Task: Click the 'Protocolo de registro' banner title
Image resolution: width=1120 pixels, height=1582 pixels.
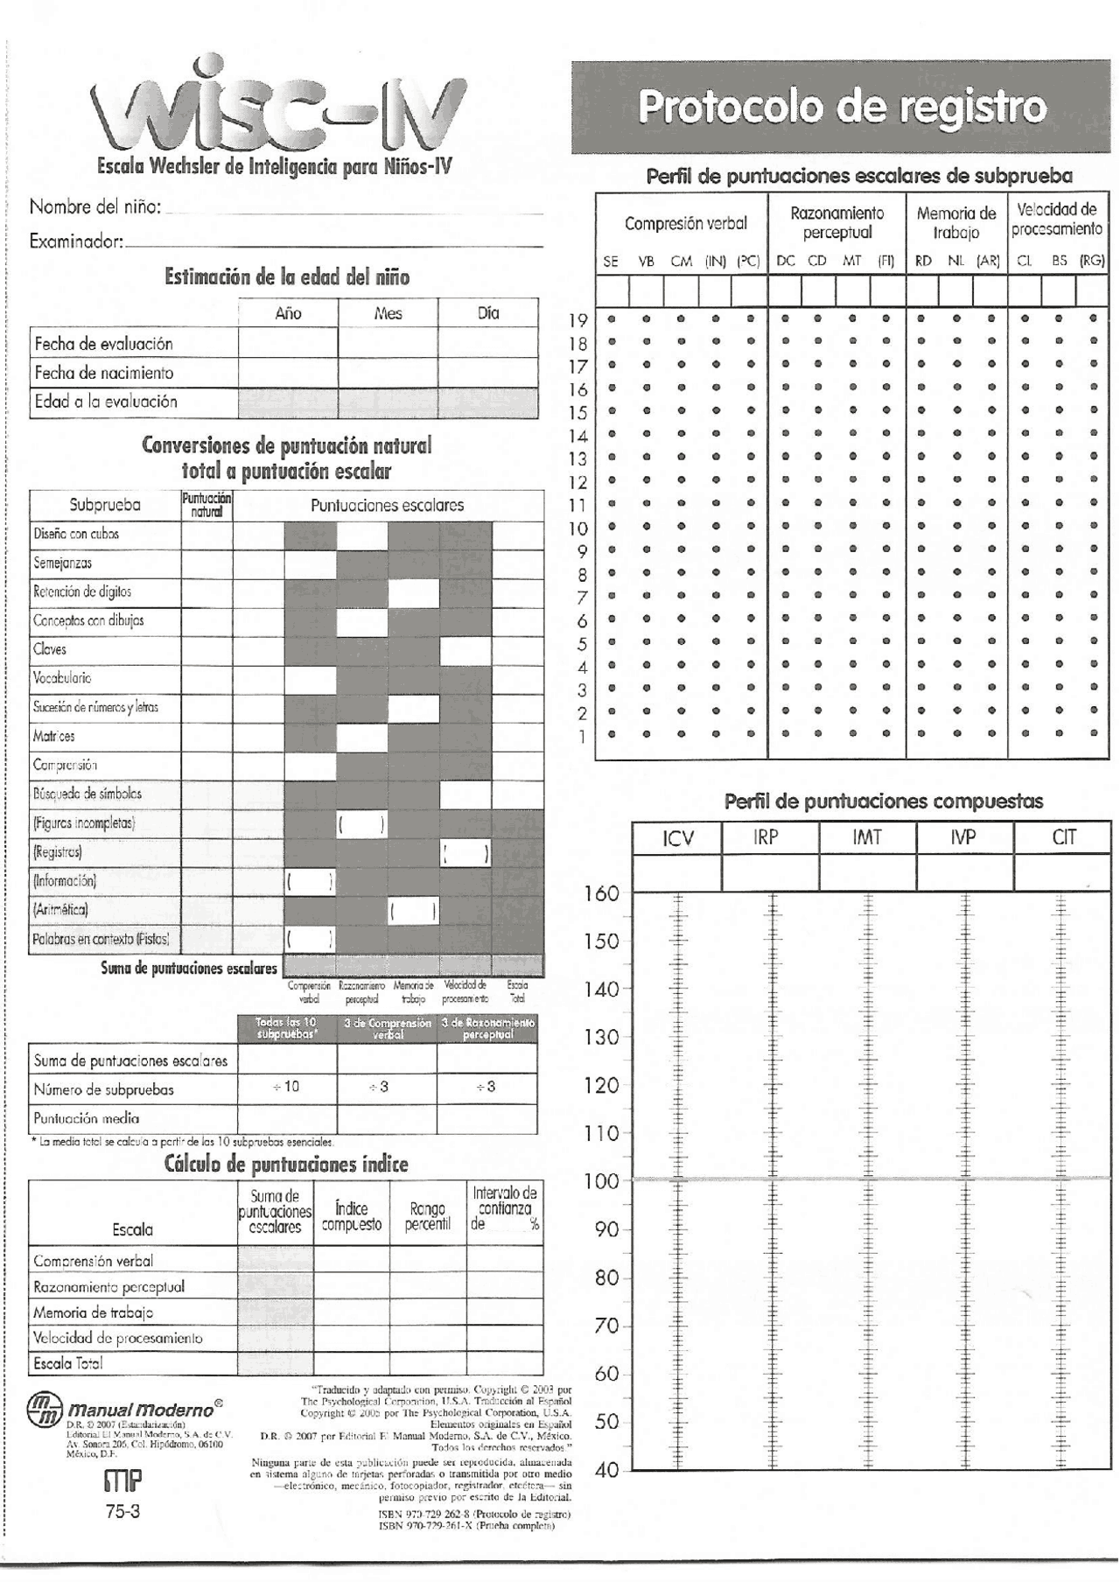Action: [x=842, y=108]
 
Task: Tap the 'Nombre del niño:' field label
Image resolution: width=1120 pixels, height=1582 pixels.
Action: [x=95, y=207]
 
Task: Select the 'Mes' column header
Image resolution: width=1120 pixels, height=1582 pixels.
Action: [x=388, y=313]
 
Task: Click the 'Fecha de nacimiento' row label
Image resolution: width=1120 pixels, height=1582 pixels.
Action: [x=104, y=373]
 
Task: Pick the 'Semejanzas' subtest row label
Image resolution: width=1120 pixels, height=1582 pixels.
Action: [x=63, y=563]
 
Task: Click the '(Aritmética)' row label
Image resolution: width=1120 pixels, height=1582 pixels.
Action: [x=61, y=909]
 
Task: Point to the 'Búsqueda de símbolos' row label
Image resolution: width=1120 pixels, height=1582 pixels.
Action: [x=87, y=794]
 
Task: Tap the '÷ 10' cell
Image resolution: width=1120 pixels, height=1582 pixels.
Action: [x=286, y=1086]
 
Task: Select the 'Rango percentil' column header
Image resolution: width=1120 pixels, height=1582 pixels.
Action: [x=427, y=1216]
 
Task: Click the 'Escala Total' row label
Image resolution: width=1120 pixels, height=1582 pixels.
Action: [x=68, y=1362]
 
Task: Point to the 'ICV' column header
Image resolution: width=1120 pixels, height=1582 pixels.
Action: [x=677, y=838]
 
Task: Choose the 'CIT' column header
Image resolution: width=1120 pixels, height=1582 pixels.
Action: [x=1062, y=838]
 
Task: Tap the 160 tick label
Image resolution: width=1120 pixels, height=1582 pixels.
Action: [x=601, y=893]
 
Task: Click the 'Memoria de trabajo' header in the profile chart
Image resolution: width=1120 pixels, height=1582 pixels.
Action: [x=955, y=222]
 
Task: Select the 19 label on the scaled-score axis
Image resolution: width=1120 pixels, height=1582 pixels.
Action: [x=578, y=321]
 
